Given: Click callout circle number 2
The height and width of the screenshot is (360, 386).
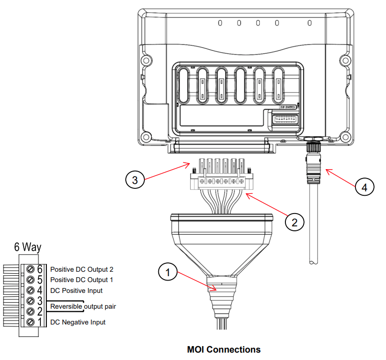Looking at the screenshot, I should (294, 222).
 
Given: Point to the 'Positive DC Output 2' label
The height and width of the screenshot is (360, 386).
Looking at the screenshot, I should (82, 270).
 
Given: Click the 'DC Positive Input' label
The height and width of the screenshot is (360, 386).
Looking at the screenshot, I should (76, 290).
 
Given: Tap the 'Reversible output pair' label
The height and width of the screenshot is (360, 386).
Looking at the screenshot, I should (83, 307).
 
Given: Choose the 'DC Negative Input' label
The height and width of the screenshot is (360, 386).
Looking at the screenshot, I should (78, 322).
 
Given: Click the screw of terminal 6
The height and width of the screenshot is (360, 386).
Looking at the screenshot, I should (30, 269).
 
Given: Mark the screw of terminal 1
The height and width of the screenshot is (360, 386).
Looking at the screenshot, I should (30, 322).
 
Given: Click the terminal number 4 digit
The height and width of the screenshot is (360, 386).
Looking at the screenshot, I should (40, 290).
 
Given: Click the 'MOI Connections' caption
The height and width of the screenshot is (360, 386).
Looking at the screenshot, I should (224, 350).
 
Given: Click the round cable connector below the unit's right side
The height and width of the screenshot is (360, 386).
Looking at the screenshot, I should (313, 148).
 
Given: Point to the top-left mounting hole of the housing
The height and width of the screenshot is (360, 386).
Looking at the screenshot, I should (146, 61).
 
